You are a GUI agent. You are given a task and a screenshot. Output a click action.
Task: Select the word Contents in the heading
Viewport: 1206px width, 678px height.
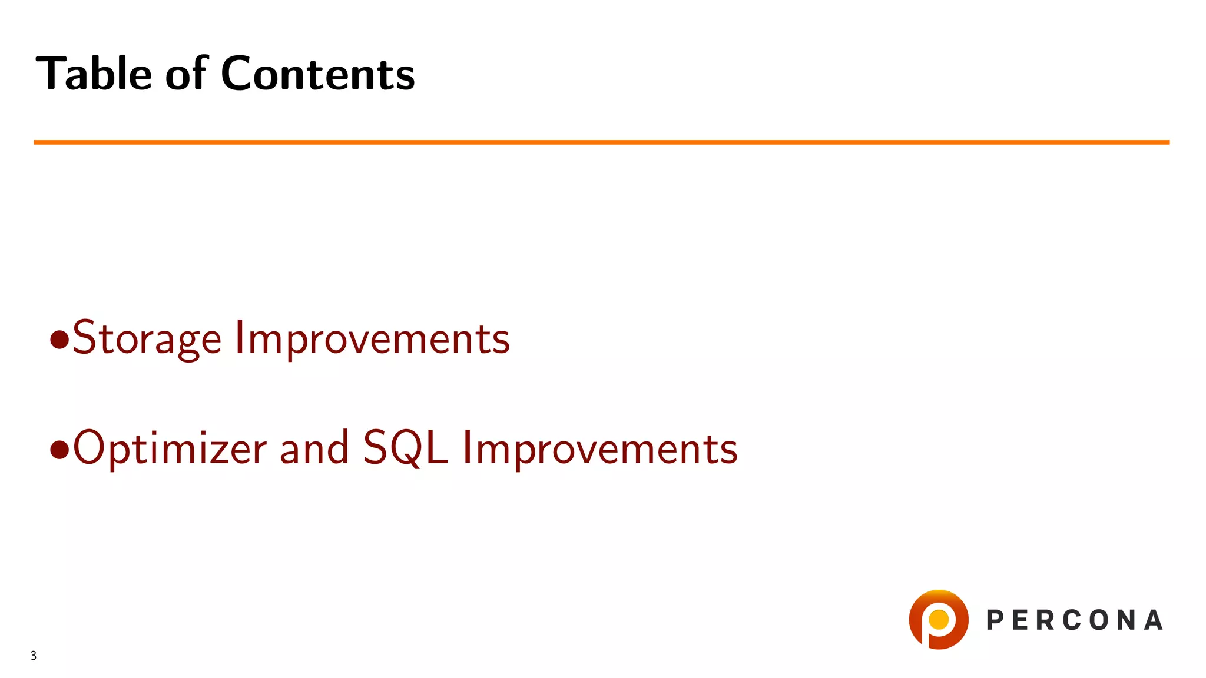[318, 74]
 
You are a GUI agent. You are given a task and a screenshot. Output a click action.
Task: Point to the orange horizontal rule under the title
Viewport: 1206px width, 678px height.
[601, 142]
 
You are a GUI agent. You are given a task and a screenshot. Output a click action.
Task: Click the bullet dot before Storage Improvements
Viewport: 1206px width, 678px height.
[59, 340]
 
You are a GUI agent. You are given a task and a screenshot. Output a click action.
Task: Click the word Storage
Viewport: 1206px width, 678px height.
[147, 339]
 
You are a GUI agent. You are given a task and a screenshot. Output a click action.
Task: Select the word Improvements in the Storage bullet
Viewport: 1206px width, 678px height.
[372, 339]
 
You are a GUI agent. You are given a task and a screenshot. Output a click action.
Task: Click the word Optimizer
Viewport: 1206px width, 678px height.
[170, 448]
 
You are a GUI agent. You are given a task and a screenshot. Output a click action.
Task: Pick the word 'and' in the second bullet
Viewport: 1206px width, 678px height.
[314, 448]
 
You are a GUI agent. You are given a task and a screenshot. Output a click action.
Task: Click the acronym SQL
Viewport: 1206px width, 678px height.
[405, 448]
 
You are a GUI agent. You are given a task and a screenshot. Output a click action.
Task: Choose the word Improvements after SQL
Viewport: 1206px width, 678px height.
[599, 448]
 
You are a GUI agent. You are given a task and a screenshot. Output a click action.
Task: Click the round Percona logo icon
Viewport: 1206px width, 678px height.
[939, 620]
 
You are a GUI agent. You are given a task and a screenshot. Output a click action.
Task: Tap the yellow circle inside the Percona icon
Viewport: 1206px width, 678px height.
[938, 619]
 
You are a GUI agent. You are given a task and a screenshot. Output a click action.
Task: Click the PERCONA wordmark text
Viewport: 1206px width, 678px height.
[1075, 620]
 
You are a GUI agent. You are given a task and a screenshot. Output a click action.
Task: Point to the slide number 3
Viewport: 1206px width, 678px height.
[34, 656]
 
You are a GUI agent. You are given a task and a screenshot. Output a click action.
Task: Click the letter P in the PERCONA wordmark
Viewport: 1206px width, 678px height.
[995, 620]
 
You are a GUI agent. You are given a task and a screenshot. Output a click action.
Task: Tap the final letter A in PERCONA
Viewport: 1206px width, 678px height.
[1154, 620]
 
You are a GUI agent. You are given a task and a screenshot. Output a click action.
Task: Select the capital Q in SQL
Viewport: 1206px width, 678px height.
[407, 450]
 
